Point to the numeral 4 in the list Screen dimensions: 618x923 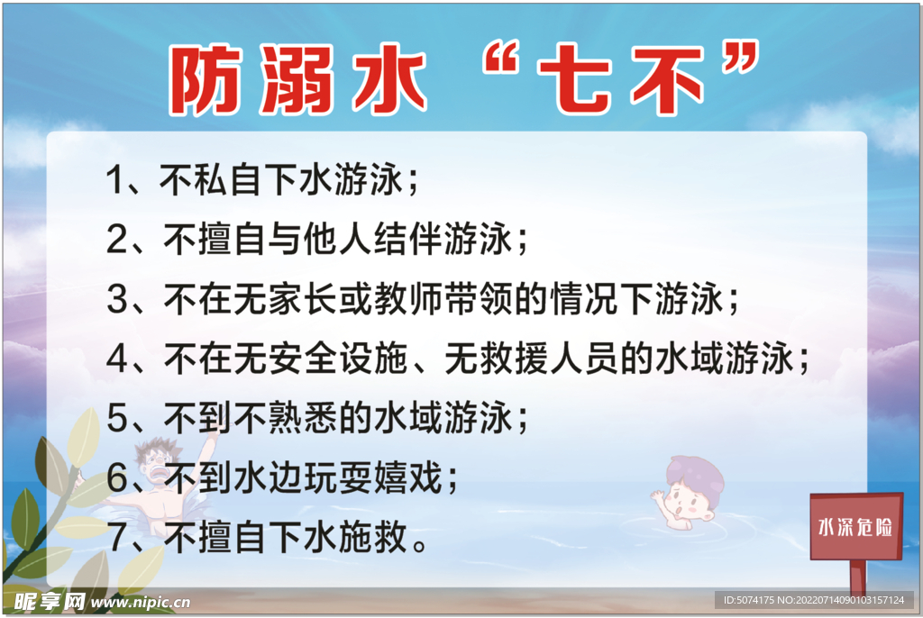click(117, 359)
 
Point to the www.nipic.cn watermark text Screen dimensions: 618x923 click(142, 601)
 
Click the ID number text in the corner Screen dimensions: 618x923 click(813, 600)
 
